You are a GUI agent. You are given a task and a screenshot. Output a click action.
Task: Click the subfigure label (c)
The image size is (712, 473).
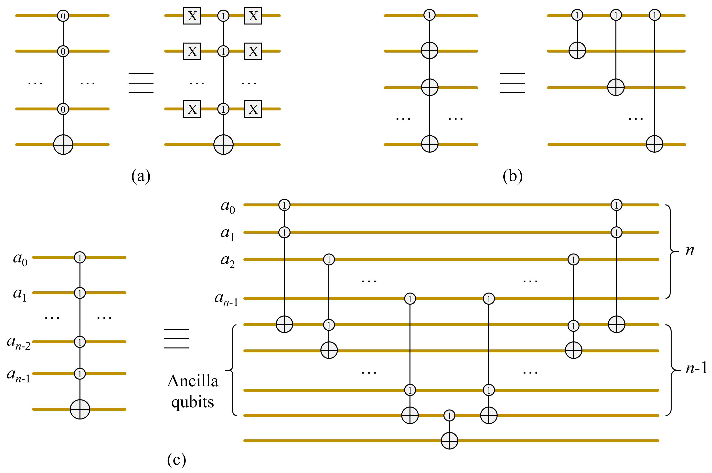click(176, 459)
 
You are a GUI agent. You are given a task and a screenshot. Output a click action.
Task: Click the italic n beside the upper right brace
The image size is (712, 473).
click(690, 250)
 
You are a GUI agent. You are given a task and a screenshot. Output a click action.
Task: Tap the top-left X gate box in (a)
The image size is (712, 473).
click(192, 16)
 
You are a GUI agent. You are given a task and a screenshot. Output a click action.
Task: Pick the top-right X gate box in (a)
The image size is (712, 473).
click(253, 16)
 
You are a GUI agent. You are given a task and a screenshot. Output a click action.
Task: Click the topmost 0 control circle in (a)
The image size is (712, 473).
click(63, 16)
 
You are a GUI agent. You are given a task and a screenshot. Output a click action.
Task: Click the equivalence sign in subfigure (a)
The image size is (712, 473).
click(141, 83)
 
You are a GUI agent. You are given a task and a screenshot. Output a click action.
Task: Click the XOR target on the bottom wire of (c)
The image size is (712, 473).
click(449, 441)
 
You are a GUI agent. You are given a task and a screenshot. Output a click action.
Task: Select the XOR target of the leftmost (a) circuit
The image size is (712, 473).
click(63, 145)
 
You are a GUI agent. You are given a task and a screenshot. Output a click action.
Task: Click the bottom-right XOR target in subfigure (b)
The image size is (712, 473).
click(654, 144)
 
